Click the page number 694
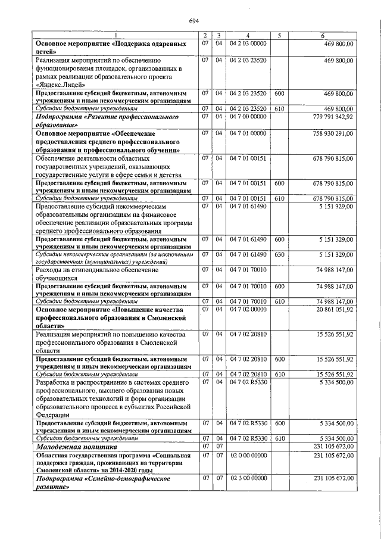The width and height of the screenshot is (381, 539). pyautogui.click(x=193, y=21)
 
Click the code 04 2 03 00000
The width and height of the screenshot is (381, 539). pyautogui.click(x=248, y=43)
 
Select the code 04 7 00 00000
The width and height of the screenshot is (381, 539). pyautogui.click(x=248, y=117)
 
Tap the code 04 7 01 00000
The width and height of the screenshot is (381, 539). pyautogui.click(x=248, y=134)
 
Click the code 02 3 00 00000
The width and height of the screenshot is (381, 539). pyautogui.click(x=249, y=478)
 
